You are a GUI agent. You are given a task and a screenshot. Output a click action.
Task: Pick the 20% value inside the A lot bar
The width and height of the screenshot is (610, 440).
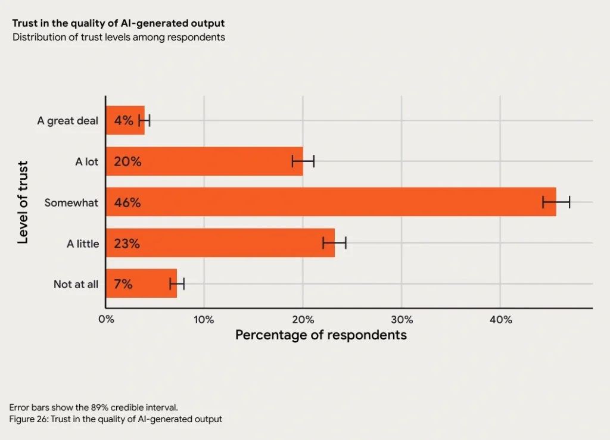[x=127, y=161]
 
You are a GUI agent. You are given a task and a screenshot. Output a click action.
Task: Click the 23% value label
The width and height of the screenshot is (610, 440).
[x=127, y=243]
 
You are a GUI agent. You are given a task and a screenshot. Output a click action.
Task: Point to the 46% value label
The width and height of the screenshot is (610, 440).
[x=127, y=202]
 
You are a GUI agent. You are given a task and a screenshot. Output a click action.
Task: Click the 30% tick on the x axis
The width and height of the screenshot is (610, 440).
[x=402, y=320]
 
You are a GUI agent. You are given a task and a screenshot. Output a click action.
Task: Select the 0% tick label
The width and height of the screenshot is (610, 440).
[x=106, y=320]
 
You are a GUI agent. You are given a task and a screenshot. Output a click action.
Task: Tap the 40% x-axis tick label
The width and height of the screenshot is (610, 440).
[x=500, y=320]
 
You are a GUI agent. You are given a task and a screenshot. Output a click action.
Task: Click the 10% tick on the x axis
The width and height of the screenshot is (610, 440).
[x=204, y=320]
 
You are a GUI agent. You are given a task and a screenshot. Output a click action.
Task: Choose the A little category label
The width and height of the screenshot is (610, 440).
[x=83, y=243]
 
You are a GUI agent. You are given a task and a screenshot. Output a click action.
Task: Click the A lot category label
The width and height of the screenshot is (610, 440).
[x=87, y=161]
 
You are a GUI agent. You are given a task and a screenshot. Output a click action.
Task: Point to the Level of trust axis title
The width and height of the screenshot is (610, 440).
[x=23, y=202]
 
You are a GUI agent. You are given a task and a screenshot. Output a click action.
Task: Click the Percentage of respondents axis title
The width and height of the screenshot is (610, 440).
[x=320, y=335]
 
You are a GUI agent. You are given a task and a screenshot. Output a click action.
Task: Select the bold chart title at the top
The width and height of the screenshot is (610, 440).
[x=119, y=24]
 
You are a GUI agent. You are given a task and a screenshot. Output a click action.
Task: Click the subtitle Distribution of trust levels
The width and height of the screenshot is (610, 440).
[x=119, y=38]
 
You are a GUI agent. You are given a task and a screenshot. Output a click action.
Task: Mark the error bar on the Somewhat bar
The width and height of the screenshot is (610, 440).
[x=556, y=202]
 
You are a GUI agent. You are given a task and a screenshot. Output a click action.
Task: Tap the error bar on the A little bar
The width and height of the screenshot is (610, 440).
[x=334, y=243]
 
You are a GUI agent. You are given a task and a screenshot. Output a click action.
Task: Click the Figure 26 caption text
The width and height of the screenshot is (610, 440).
[x=116, y=419]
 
